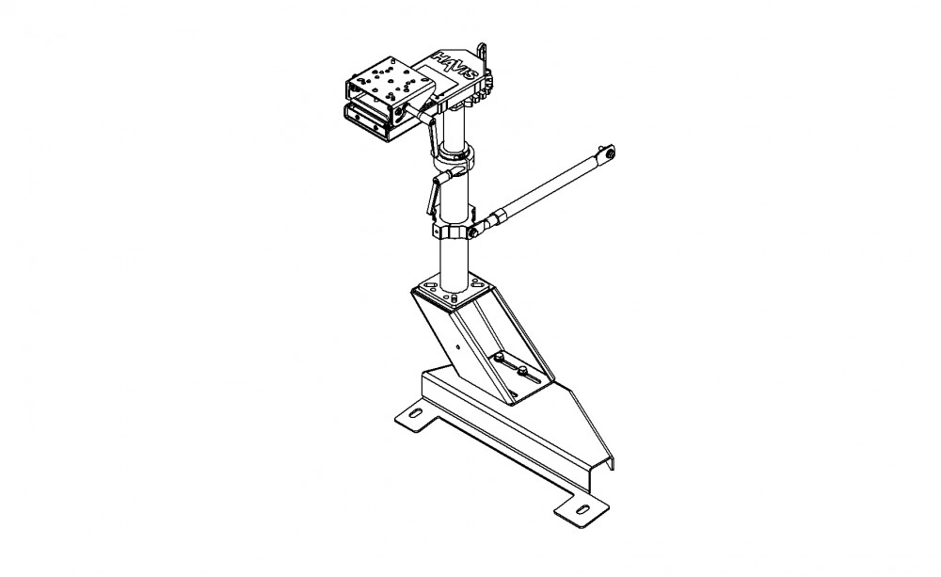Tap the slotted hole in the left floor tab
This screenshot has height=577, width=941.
[415, 413]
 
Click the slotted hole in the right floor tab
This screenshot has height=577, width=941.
[583, 508]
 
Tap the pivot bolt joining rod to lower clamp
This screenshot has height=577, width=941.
[473, 232]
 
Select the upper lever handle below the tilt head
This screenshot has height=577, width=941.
[432, 136]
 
